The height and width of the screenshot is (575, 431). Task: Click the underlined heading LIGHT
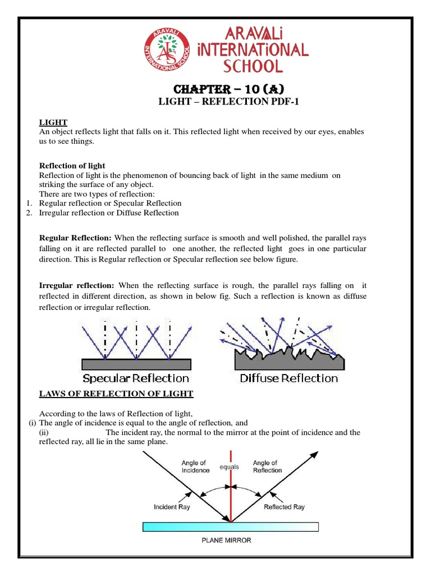pyautogui.click(x=53, y=122)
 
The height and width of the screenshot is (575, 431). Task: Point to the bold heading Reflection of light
pyautogui.click(x=72, y=166)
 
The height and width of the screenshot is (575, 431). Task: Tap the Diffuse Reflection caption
pyautogui.click(x=289, y=378)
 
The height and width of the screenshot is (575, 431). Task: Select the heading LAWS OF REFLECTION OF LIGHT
pyautogui.click(x=116, y=394)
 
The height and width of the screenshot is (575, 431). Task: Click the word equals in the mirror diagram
pyautogui.click(x=229, y=467)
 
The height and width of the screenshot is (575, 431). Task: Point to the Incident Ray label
pyautogui.click(x=172, y=506)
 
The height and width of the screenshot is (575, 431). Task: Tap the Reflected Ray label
pyautogui.click(x=284, y=506)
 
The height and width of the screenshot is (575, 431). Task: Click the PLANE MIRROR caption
pyautogui.click(x=227, y=540)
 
